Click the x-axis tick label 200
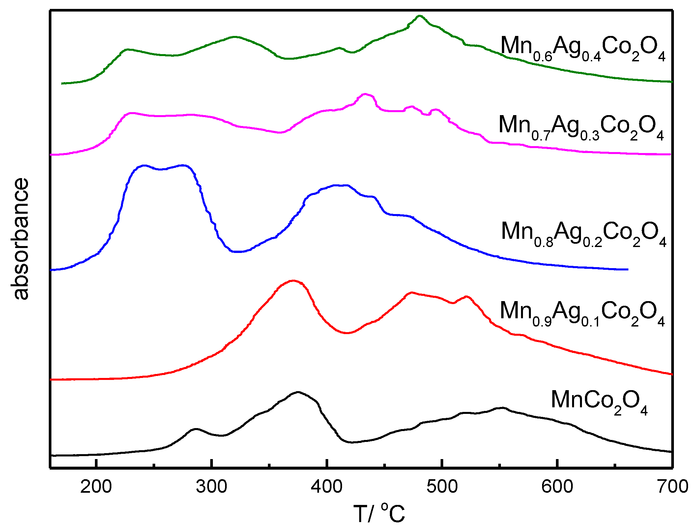[96, 487]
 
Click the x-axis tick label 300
[211, 487]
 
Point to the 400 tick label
[327, 487]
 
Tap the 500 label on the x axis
[442, 487]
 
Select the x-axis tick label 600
[557, 487]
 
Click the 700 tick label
[672, 487]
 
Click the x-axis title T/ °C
[379, 513]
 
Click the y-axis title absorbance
[20, 239]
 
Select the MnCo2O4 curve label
[599, 402]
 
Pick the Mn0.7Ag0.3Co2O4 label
[581, 127]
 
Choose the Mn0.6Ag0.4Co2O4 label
[583, 48]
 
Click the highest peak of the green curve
[419, 16]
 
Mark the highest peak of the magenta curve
[365, 94]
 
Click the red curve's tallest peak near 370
[293, 281]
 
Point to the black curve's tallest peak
[298, 392]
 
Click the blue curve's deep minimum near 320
[238, 252]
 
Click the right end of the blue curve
[627, 269]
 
